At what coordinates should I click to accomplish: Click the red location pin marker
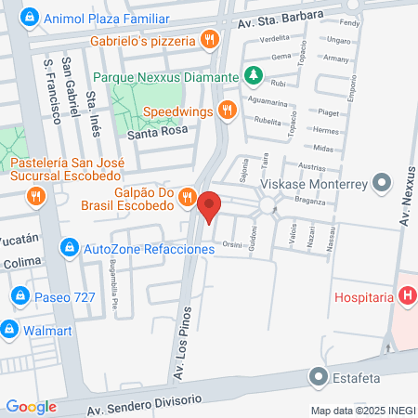(210, 206)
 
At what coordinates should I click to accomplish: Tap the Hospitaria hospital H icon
(406, 297)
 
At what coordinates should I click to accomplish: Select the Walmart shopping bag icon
(10, 328)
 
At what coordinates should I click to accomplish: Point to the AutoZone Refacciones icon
(69, 248)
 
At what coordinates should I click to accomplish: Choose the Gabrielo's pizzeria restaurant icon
(211, 40)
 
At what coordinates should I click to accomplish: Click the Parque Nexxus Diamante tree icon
(253, 74)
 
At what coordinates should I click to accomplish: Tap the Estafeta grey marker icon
(319, 377)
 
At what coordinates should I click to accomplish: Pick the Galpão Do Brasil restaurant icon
(187, 196)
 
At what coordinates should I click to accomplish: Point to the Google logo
(31, 406)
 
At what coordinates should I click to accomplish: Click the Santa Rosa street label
(157, 133)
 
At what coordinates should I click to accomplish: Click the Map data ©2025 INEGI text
(362, 410)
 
